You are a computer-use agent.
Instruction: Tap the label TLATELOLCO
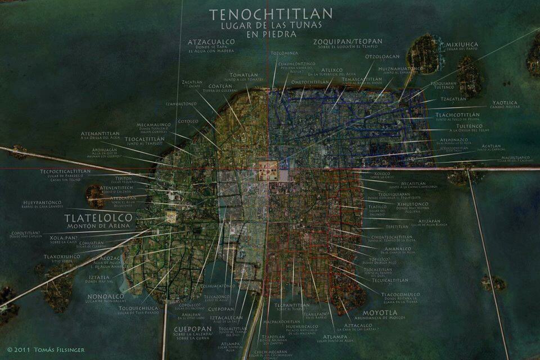(98, 217)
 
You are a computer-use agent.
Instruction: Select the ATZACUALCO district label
(211, 42)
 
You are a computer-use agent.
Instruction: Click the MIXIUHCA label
(462, 44)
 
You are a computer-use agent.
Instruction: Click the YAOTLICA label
(505, 103)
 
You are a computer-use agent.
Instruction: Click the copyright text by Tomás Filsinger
(46, 349)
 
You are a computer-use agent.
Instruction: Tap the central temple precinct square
(268, 170)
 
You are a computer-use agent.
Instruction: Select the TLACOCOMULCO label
(400, 294)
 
